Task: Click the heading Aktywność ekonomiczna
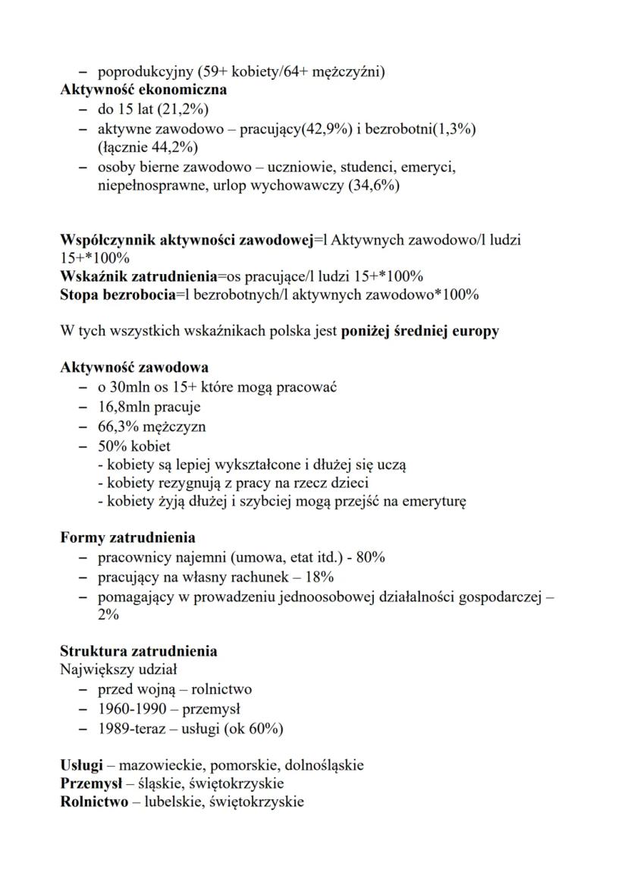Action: point(143,90)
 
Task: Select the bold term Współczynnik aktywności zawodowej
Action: point(187,241)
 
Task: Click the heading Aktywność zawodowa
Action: point(134,368)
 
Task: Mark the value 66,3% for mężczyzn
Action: point(119,426)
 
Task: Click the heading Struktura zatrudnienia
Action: point(139,651)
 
